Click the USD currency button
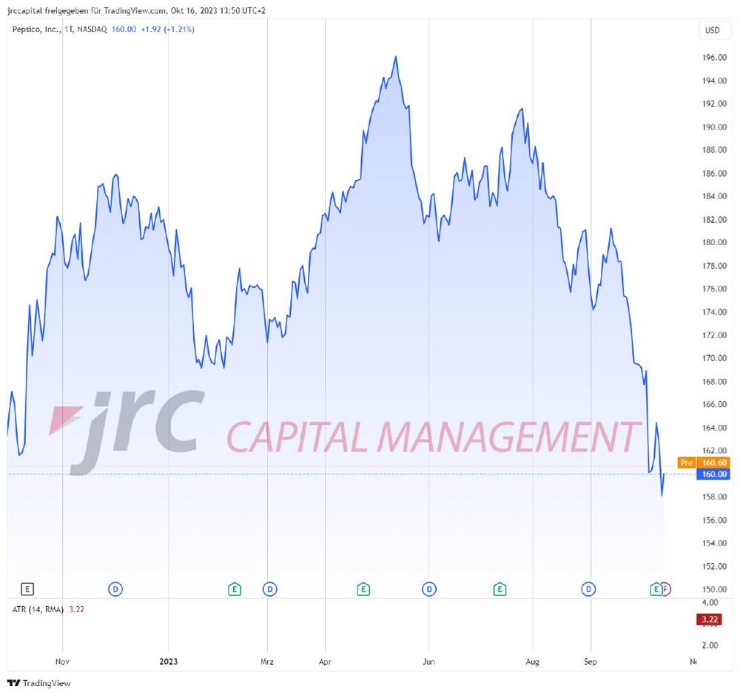(x=712, y=30)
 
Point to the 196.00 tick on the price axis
(x=713, y=57)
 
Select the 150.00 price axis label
(x=713, y=589)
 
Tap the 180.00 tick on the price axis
(x=713, y=242)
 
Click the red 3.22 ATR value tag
(x=710, y=620)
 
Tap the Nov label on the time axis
(x=62, y=661)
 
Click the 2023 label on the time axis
(x=169, y=661)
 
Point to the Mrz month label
(x=267, y=661)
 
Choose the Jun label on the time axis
(x=428, y=661)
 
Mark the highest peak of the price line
(x=397, y=56)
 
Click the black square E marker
(x=27, y=589)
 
